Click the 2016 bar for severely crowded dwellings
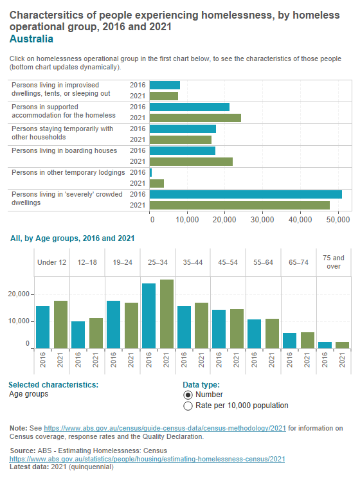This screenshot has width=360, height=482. point(246,194)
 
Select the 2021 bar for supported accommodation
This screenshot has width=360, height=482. point(195,118)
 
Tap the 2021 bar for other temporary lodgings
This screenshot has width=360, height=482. point(156,183)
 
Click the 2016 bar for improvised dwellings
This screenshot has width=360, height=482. point(165,85)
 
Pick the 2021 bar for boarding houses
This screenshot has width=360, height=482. point(191,161)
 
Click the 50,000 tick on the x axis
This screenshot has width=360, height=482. point(340,219)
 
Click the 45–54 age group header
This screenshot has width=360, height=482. point(228,262)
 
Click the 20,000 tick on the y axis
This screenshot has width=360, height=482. point(19,294)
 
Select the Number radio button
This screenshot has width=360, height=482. point(188,395)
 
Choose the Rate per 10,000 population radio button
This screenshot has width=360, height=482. point(188,406)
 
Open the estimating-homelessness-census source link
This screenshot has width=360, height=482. point(146,459)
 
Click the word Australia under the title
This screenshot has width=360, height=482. point(32,39)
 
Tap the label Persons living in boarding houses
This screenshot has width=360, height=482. point(64,150)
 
